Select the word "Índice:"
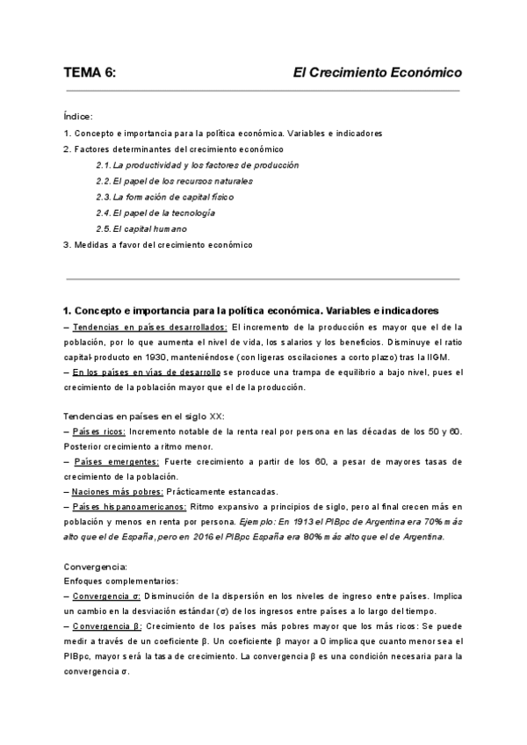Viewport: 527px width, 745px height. (78, 115)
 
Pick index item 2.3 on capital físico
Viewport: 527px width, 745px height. (165, 197)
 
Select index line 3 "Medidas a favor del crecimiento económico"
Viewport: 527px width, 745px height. (158, 244)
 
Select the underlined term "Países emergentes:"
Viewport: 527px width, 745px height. (116, 461)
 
